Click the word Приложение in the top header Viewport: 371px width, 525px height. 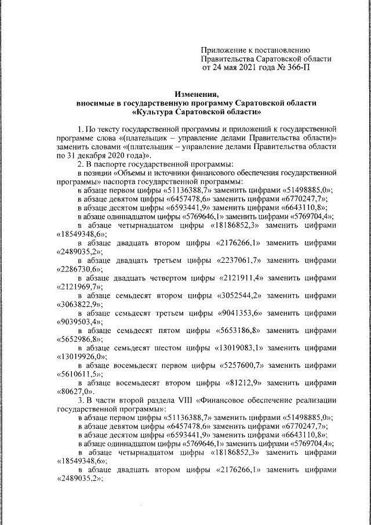tap(221, 50)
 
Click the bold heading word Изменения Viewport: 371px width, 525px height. tap(197, 93)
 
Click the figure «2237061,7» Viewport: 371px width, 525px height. tap(238, 260)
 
